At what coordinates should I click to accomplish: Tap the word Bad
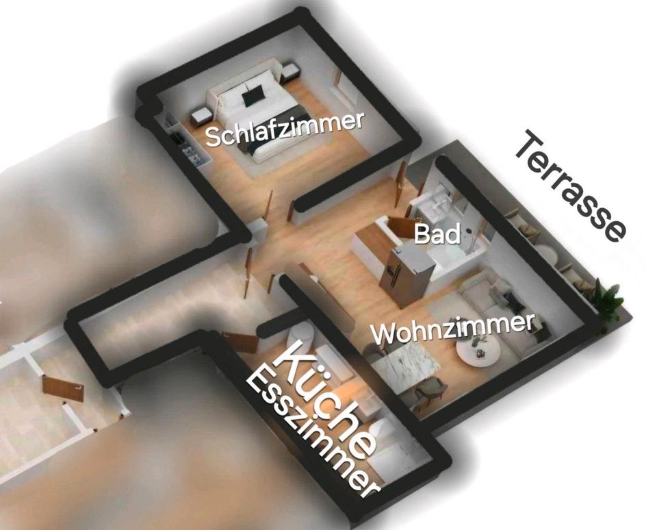437,234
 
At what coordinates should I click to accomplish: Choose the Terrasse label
569,186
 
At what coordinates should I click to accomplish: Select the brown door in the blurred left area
62,388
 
